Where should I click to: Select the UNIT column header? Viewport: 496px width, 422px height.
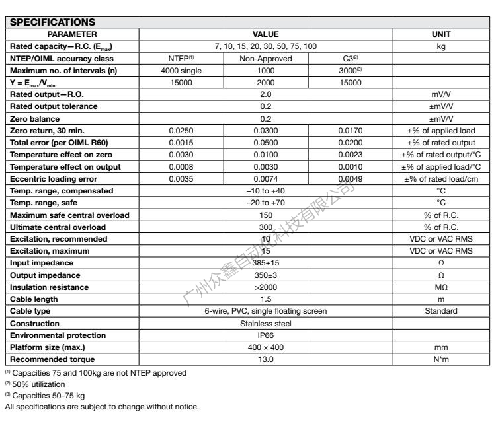tap(440, 34)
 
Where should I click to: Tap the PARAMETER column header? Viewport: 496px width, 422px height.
tap(72, 34)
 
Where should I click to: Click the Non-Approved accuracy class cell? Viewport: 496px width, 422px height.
tap(266, 58)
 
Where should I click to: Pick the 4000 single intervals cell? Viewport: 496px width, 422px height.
tap(180, 70)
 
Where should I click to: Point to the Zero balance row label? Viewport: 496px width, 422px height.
tap(35, 118)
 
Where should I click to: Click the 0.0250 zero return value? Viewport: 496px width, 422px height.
tap(180, 131)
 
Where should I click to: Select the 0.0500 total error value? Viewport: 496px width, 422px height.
tap(266, 143)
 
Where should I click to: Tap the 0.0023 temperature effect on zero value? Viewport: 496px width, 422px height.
tap(351, 155)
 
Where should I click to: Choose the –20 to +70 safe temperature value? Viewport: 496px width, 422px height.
tap(266, 203)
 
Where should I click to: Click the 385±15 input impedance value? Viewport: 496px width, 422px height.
tap(266, 263)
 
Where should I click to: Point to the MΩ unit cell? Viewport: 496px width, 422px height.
tap(440, 287)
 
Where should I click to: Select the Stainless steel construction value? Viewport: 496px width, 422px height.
tap(266, 324)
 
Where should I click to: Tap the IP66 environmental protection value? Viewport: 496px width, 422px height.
tap(266, 335)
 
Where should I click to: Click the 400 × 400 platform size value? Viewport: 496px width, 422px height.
tap(266, 347)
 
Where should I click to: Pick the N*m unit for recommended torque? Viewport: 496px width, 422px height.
tap(440, 359)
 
